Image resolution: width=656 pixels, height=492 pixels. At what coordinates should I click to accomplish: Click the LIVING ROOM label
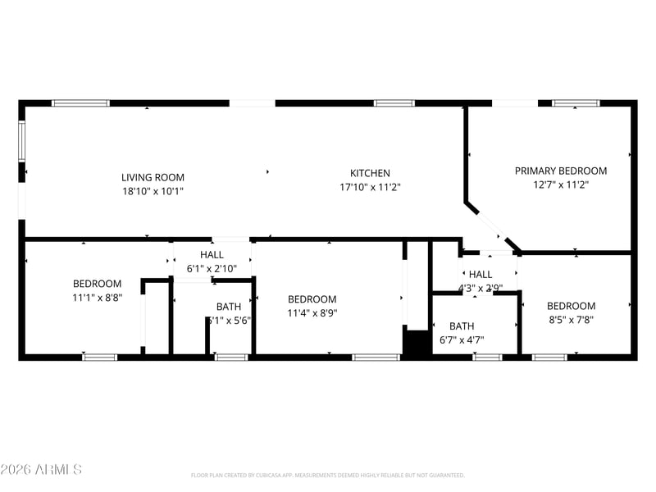[153, 177]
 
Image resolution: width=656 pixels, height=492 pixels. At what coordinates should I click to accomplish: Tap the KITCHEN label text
[370, 173]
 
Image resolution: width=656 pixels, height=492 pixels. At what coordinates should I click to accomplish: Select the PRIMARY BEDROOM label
[561, 171]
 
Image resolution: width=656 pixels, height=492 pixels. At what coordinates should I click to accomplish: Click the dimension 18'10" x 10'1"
[153, 191]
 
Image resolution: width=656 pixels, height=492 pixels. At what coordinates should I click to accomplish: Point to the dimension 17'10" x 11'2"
[370, 187]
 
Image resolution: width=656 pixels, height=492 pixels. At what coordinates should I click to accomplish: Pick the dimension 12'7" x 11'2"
[561, 184]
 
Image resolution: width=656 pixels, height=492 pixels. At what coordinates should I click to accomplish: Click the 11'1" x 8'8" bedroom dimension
[97, 298]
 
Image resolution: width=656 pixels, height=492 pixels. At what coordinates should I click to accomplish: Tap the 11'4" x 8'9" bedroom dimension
[312, 312]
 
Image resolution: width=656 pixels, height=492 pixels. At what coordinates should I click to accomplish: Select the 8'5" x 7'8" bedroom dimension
[571, 320]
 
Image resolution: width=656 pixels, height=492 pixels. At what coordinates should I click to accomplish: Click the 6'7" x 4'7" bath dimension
[461, 339]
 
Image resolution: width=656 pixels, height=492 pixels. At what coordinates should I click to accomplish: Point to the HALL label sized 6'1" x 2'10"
[212, 255]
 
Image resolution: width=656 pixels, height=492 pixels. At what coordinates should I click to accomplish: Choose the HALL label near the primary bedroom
[481, 275]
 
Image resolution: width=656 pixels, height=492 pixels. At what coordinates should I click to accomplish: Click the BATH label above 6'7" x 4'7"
[461, 326]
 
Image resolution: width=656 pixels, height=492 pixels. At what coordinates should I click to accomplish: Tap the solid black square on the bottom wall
[417, 343]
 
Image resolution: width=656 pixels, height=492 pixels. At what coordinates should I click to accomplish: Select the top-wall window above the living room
[80, 103]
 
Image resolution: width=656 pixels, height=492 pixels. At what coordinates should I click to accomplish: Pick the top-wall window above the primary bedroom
[575, 103]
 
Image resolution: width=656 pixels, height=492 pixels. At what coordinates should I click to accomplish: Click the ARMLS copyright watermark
[41, 470]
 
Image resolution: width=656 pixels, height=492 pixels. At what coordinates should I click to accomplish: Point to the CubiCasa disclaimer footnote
[328, 475]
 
